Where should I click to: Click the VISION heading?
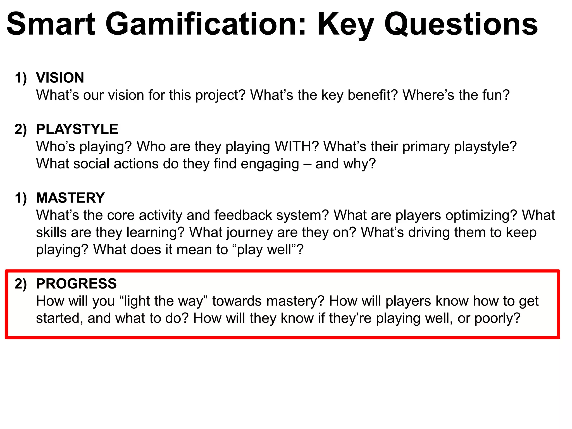pyautogui.click(x=60, y=78)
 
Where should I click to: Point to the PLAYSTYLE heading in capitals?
pyautogui.click(x=77, y=129)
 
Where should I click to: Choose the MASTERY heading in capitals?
pyautogui.click(x=70, y=198)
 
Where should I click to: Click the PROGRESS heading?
pyautogui.click(x=76, y=284)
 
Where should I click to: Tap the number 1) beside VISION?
pyautogui.click(x=21, y=78)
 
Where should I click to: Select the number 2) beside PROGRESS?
pyautogui.click(x=21, y=284)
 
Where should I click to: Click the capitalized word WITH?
pyautogui.click(x=296, y=147)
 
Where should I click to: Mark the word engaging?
pyautogui.click(x=270, y=164)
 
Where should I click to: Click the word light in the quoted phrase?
pyautogui.click(x=137, y=301)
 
